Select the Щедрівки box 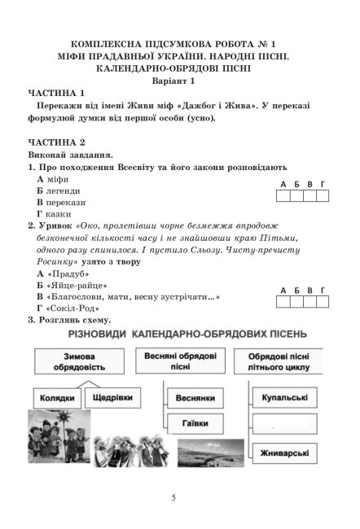pos(114,398)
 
